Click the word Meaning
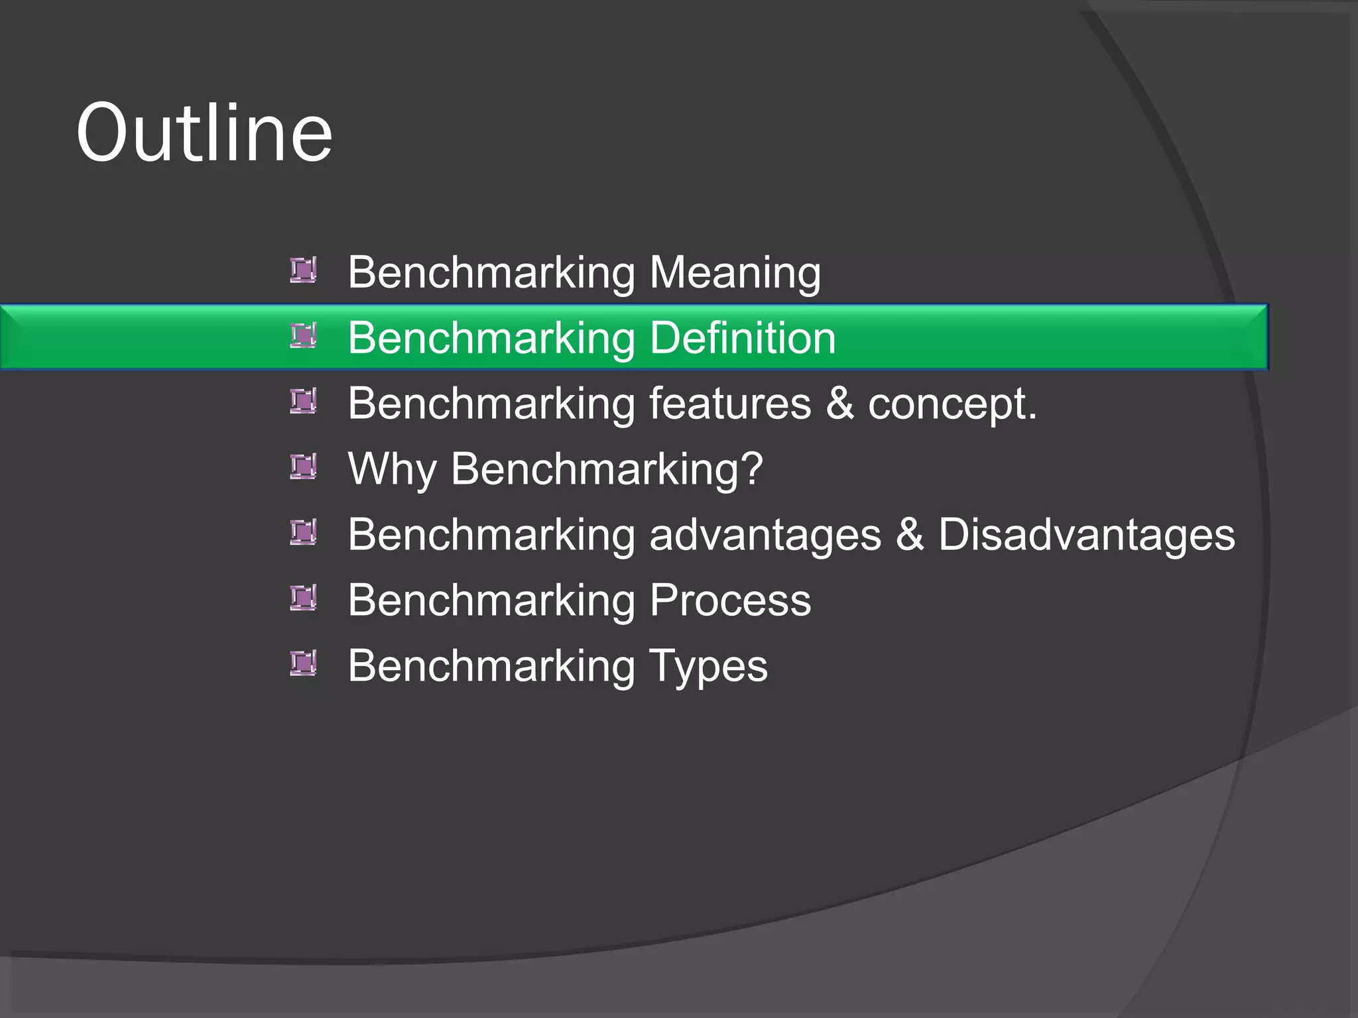click(735, 272)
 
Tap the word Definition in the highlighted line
click(743, 338)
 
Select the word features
click(730, 403)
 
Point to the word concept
click(952, 404)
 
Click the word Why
click(392, 469)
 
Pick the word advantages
click(765, 535)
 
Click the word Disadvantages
click(1087, 535)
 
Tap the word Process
click(730, 600)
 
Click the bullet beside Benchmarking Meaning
click(303, 270)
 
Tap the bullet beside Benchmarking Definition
click(303, 335)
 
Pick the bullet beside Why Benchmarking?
click(303, 467)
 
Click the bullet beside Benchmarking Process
click(303, 598)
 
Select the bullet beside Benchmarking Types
click(303, 663)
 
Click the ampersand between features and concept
click(839, 403)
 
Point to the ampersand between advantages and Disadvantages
click(910, 534)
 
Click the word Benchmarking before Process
click(491, 600)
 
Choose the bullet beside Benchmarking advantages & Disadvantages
click(303, 532)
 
